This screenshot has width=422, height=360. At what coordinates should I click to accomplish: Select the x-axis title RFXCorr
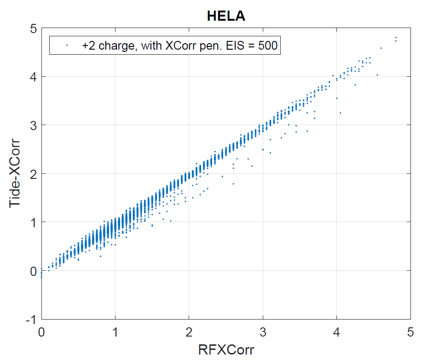click(225, 349)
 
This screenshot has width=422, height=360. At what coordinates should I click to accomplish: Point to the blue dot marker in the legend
click(67, 46)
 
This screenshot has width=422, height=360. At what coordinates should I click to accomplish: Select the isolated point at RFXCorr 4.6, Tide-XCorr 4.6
click(381, 48)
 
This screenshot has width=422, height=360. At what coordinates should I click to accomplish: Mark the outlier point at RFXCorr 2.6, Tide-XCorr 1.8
click(233, 184)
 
